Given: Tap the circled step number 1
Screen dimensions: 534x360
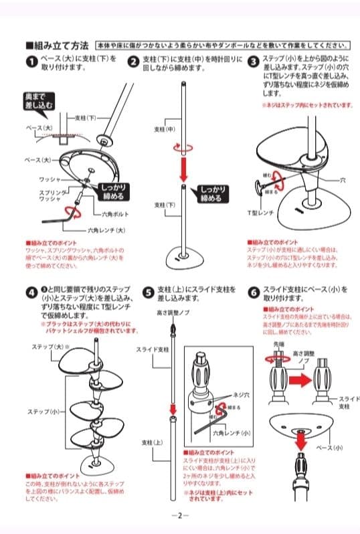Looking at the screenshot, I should (x=31, y=62).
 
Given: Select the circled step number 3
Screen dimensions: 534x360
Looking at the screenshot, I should (x=252, y=62).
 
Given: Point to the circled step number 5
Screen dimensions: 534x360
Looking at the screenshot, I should (x=148, y=292).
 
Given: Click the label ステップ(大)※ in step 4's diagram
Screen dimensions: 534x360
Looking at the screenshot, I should (x=47, y=347).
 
